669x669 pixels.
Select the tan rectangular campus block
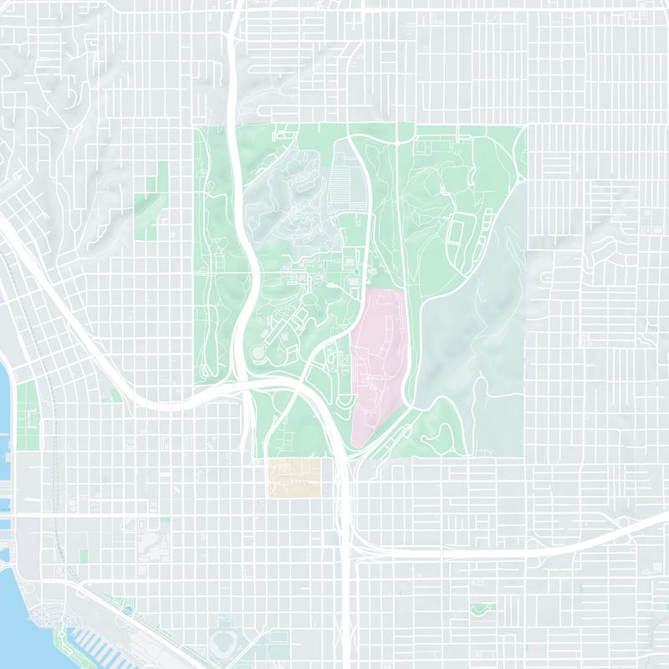point(294,477)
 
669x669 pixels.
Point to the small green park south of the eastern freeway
point(478,609)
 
